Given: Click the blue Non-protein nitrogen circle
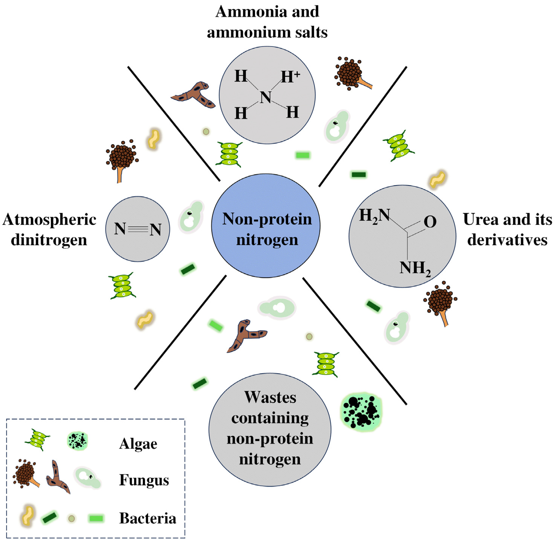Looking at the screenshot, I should (x=266, y=226).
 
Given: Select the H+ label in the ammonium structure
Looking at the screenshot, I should (x=290, y=77).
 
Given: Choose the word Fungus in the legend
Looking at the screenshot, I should (x=144, y=480).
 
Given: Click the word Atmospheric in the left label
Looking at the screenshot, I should (x=49, y=220).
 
